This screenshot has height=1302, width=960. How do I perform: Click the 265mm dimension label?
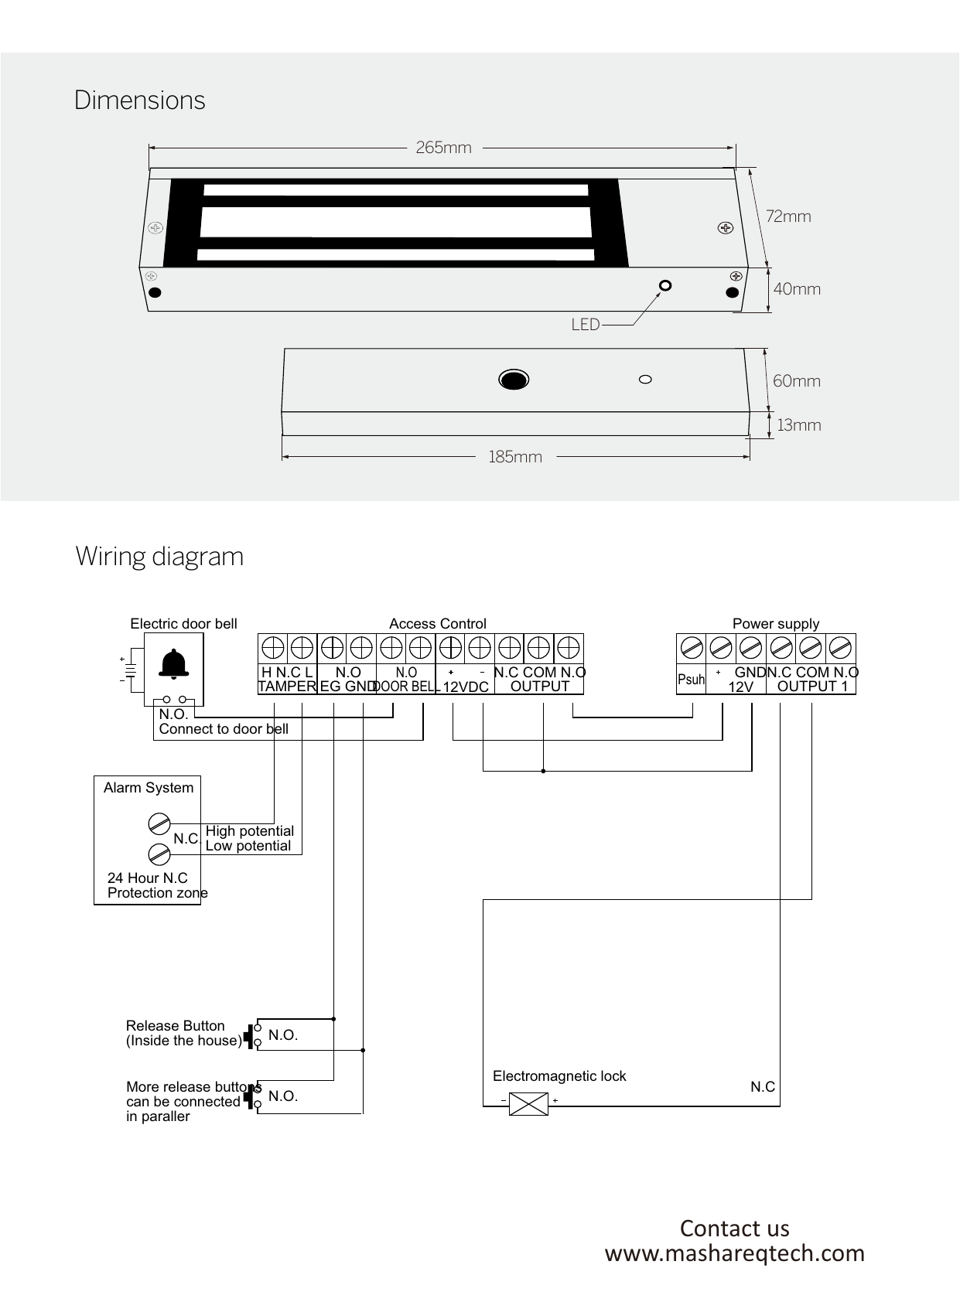[x=443, y=147]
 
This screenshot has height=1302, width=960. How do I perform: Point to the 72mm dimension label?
[x=788, y=216]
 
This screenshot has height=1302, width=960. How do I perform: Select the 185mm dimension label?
[x=515, y=457]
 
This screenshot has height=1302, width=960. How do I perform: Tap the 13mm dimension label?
[x=799, y=425]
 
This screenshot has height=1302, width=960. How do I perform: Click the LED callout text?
[x=586, y=325]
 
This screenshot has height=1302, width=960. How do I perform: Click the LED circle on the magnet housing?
[x=664, y=286]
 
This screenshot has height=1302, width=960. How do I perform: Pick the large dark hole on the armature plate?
[x=514, y=380]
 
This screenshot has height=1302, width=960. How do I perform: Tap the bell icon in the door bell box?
[x=175, y=663]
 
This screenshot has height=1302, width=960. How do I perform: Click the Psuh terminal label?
[x=691, y=680]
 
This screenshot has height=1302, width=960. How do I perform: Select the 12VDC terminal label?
[x=466, y=687]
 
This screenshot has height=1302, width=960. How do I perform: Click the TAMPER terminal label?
[x=287, y=687]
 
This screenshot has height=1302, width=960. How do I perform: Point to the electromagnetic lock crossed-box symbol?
[x=529, y=1104]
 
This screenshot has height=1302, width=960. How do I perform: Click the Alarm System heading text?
[x=149, y=788]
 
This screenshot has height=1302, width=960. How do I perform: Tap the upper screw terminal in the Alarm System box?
[x=159, y=823]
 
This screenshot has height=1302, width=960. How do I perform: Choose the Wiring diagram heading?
[x=159, y=556]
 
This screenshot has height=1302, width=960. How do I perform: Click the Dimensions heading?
[x=140, y=101]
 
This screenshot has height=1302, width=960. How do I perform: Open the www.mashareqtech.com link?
[x=734, y=1253]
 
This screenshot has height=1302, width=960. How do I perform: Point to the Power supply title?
[x=775, y=624]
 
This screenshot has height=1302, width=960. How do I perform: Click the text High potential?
[x=250, y=831]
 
